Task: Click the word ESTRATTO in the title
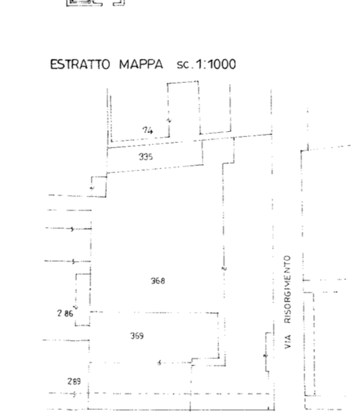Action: [80, 65]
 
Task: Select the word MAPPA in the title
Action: [141, 65]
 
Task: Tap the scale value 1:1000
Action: [215, 65]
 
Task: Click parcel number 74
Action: [147, 131]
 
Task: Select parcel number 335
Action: [145, 157]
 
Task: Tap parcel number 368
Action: [158, 281]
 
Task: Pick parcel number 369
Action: [137, 336]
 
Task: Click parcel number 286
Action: [65, 314]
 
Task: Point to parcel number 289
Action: [74, 381]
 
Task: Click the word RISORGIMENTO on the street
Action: [288, 289]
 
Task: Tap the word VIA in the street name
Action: [288, 342]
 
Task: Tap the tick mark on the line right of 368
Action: [224, 269]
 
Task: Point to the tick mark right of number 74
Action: [169, 121]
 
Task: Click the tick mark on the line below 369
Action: [159, 363]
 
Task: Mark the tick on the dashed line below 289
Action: [74, 394]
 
